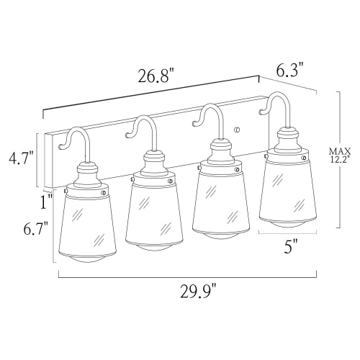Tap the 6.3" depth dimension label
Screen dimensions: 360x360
(292, 69)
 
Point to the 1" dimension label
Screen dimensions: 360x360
(47, 202)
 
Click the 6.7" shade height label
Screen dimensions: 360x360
(35, 230)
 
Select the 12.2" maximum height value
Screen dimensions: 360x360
(339, 161)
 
